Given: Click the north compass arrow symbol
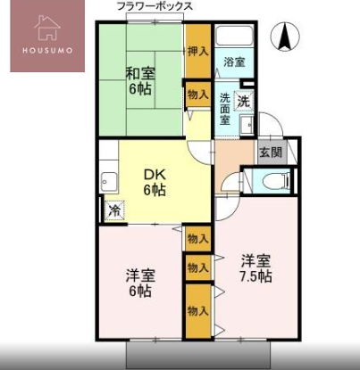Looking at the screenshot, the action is (x=285, y=37).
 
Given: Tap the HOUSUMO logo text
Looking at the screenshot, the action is (x=47, y=50).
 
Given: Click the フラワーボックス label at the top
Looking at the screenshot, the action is (x=155, y=6).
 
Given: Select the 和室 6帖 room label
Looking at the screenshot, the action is (x=140, y=81).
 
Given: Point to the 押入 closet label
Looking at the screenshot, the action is (x=197, y=52).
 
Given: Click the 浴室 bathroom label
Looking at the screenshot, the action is (x=234, y=62).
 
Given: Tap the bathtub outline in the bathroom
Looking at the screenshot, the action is (x=234, y=37).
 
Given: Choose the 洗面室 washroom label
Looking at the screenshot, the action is (x=225, y=109).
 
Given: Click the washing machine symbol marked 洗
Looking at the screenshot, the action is (x=244, y=102).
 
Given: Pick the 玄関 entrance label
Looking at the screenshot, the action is (x=271, y=152).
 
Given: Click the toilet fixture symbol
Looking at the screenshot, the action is (x=277, y=181).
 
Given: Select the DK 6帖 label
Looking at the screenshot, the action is (x=155, y=183).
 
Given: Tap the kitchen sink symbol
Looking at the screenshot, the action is (x=109, y=182).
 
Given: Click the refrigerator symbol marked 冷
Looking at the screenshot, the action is (x=114, y=211).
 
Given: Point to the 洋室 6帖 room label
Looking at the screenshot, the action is (x=140, y=284).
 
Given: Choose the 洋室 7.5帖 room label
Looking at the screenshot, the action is (x=255, y=269).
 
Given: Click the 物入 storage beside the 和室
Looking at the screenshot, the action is (x=197, y=95).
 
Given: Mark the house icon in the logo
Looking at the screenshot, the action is (x=47, y=28).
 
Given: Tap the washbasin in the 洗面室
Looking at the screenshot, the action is (x=247, y=126).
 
